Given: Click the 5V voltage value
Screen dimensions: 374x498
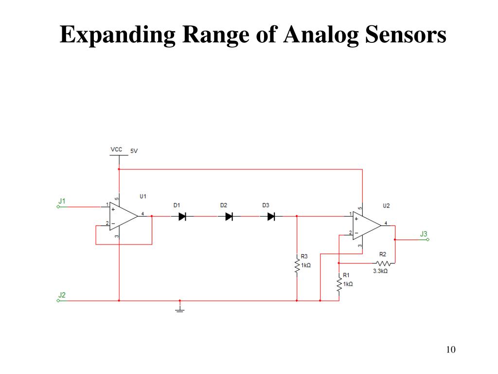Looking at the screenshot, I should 134,151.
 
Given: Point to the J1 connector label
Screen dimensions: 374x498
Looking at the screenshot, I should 62,200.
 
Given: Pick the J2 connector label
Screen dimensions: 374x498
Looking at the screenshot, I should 62,295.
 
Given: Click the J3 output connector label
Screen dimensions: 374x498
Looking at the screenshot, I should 424,234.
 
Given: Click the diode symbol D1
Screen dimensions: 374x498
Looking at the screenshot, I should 182,216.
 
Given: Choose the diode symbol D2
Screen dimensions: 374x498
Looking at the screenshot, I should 229,216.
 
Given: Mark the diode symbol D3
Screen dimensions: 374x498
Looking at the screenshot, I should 271,216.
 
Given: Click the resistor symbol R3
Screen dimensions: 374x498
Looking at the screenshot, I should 297,266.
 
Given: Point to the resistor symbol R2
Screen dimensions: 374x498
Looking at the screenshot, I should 382,263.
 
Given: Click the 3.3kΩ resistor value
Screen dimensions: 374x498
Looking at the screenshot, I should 380,271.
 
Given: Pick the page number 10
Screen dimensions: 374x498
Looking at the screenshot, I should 450,350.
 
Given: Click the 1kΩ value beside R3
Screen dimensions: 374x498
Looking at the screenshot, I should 306,265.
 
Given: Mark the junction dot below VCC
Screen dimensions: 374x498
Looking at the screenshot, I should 119,169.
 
